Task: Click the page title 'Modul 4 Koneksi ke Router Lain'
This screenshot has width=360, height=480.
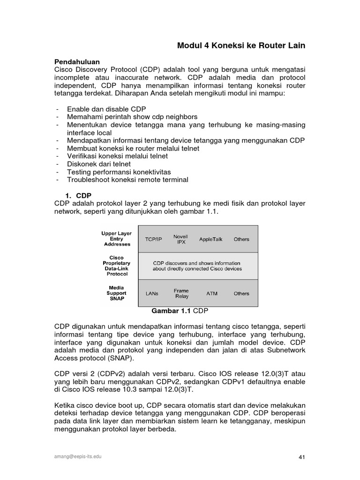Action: coord(241,45)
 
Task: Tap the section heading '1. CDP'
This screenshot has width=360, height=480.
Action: coord(77,195)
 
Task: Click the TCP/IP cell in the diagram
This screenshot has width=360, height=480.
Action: coord(153,239)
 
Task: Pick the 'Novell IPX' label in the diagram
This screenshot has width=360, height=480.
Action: coord(180,239)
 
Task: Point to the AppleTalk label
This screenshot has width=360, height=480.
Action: coord(211,239)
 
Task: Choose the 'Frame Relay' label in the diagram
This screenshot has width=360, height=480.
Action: coord(181,293)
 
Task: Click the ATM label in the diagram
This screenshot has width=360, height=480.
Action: coord(212,293)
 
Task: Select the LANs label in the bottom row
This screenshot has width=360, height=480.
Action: coord(152,293)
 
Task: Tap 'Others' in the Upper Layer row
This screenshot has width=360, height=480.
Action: coord(241,239)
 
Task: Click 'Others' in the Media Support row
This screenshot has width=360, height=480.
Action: coord(241,293)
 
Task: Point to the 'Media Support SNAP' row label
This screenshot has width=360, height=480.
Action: coord(116,293)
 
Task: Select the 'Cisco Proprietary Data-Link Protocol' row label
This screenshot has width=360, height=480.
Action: coord(116,266)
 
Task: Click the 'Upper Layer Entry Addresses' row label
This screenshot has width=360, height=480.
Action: coord(116,239)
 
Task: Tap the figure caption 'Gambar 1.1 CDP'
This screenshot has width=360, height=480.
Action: coord(179,310)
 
